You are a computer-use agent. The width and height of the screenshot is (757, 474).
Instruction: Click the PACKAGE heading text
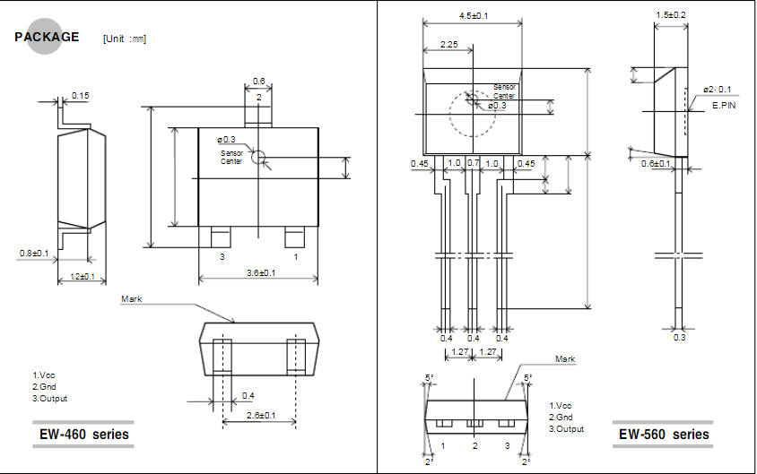[x=47, y=37]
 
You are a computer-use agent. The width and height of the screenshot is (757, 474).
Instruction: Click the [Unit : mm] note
[x=125, y=39]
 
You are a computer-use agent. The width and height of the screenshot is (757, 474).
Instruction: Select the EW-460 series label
[x=83, y=435]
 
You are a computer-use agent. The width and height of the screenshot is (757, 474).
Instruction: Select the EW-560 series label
[x=664, y=435]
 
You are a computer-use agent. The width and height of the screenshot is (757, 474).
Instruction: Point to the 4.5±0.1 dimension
[x=473, y=16]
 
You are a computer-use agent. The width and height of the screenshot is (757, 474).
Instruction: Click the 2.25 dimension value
[x=450, y=44]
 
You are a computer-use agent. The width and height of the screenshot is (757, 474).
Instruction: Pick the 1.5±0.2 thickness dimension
[x=671, y=15]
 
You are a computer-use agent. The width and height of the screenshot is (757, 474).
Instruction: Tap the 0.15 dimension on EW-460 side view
[x=81, y=95]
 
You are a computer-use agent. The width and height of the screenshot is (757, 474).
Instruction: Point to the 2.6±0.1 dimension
[x=259, y=415]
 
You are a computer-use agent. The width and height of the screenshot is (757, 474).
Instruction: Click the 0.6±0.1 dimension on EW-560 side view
[x=657, y=163]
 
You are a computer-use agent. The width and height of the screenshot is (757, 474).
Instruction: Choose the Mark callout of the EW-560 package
[x=565, y=359]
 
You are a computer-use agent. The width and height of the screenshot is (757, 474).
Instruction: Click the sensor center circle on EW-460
[x=259, y=158]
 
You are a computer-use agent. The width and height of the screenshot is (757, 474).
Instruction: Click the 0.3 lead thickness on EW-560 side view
[x=679, y=337]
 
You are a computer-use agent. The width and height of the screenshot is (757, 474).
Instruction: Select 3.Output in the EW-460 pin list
[x=50, y=398]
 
